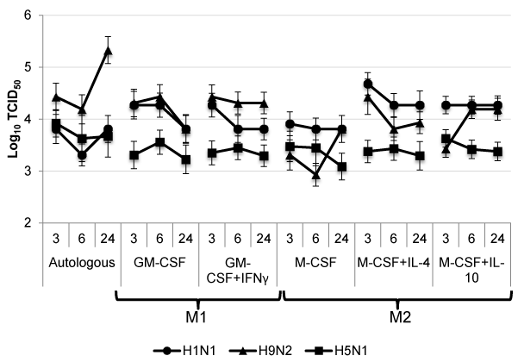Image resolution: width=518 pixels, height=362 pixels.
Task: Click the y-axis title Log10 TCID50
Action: [11, 118]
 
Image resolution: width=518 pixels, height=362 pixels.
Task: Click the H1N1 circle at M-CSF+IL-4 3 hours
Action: [369, 84]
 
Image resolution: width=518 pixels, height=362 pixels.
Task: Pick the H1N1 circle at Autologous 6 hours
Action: [81, 155]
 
